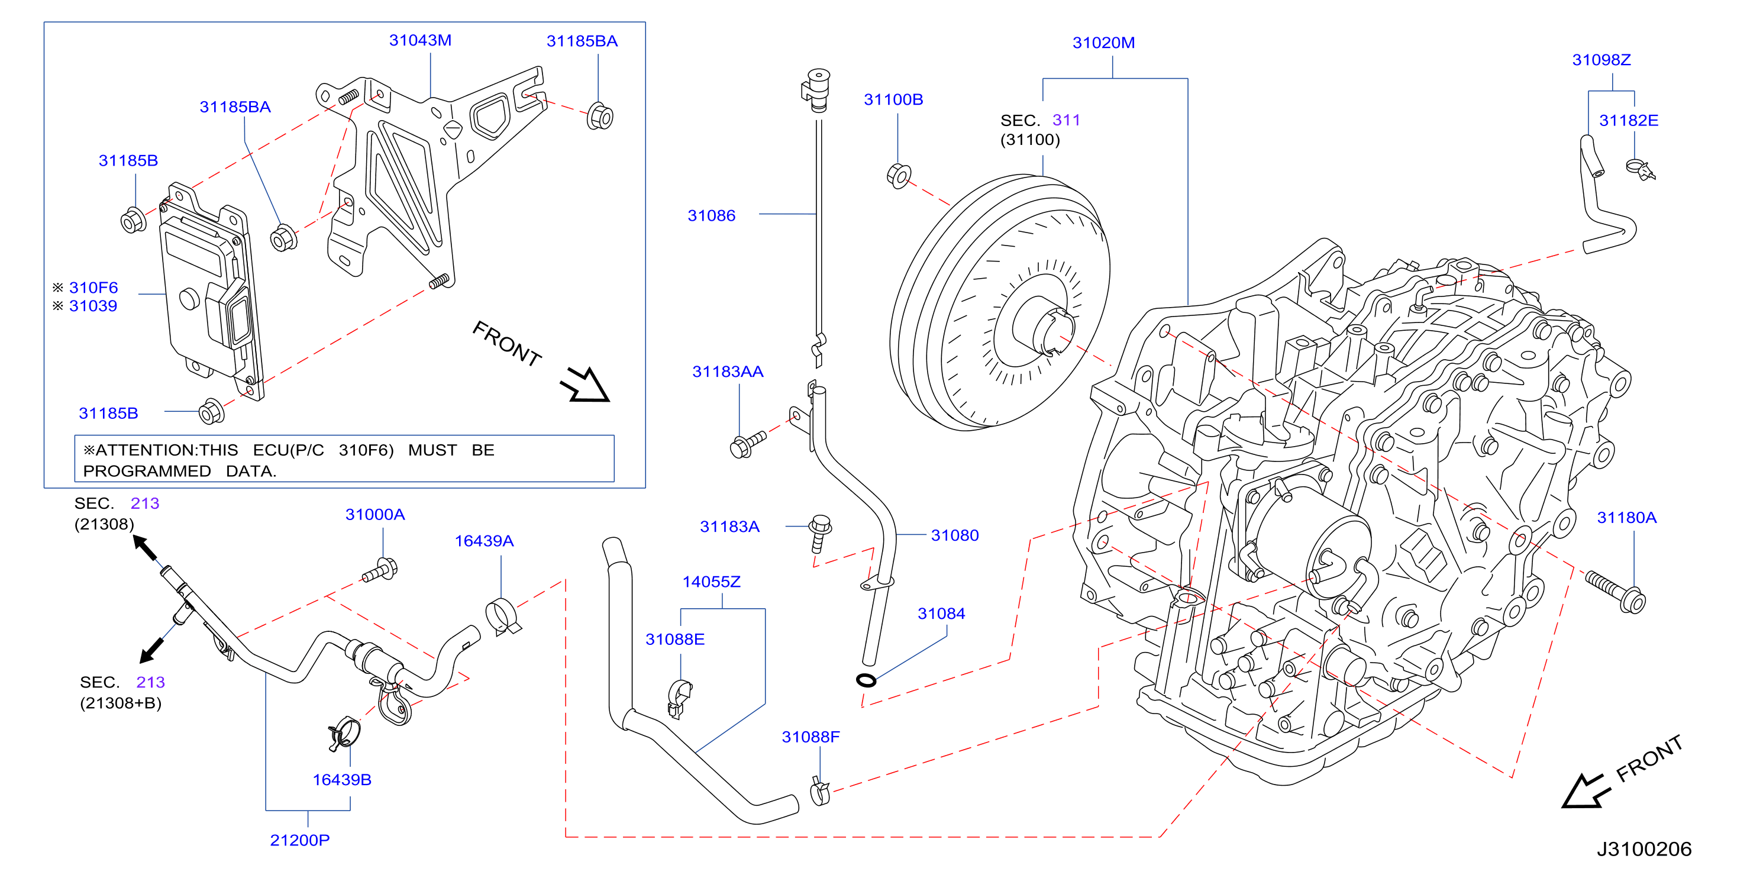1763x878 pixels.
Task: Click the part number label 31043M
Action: pos(420,40)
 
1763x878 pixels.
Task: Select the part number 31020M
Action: pos(1103,43)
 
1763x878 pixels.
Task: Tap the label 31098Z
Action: pos(1601,60)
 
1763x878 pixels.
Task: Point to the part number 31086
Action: pos(711,215)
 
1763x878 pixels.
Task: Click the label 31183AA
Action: pos(728,372)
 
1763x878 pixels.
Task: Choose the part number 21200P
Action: pos(300,840)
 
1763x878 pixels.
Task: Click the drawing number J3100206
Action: pos(1644,849)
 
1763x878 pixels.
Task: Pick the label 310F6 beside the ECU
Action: pos(93,288)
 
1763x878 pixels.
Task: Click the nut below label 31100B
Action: pos(899,176)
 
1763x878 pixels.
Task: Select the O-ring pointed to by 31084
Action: pos(866,680)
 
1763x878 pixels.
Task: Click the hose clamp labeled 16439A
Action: pos(503,616)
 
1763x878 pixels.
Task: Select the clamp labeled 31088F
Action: pos(819,791)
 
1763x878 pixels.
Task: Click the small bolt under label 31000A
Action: pos(380,570)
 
